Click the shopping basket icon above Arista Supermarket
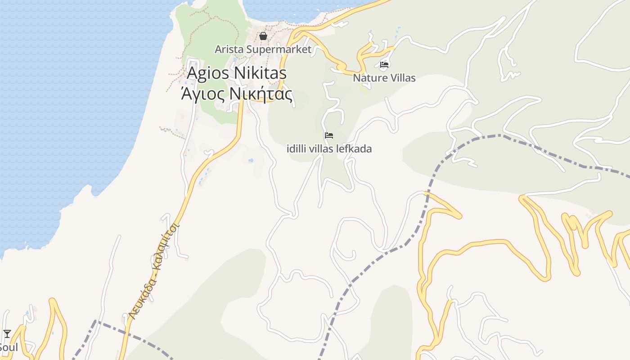pyautogui.click(x=263, y=36)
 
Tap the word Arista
pyautogui.click(x=229, y=49)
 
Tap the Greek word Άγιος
pyautogui.click(x=202, y=94)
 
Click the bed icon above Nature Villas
pyautogui.click(x=384, y=65)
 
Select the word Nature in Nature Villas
pyautogui.click(x=369, y=78)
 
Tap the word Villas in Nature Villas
pyautogui.click(x=401, y=78)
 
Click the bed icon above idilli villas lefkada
pyautogui.click(x=329, y=135)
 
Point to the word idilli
pyautogui.click(x=297, y=148)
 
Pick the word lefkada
pyautogui.click(x=356, y=148)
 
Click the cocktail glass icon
pyautogui.click(x=7, y=333)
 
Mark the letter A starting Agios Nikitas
pyautogui.click(x=193, y=73)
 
